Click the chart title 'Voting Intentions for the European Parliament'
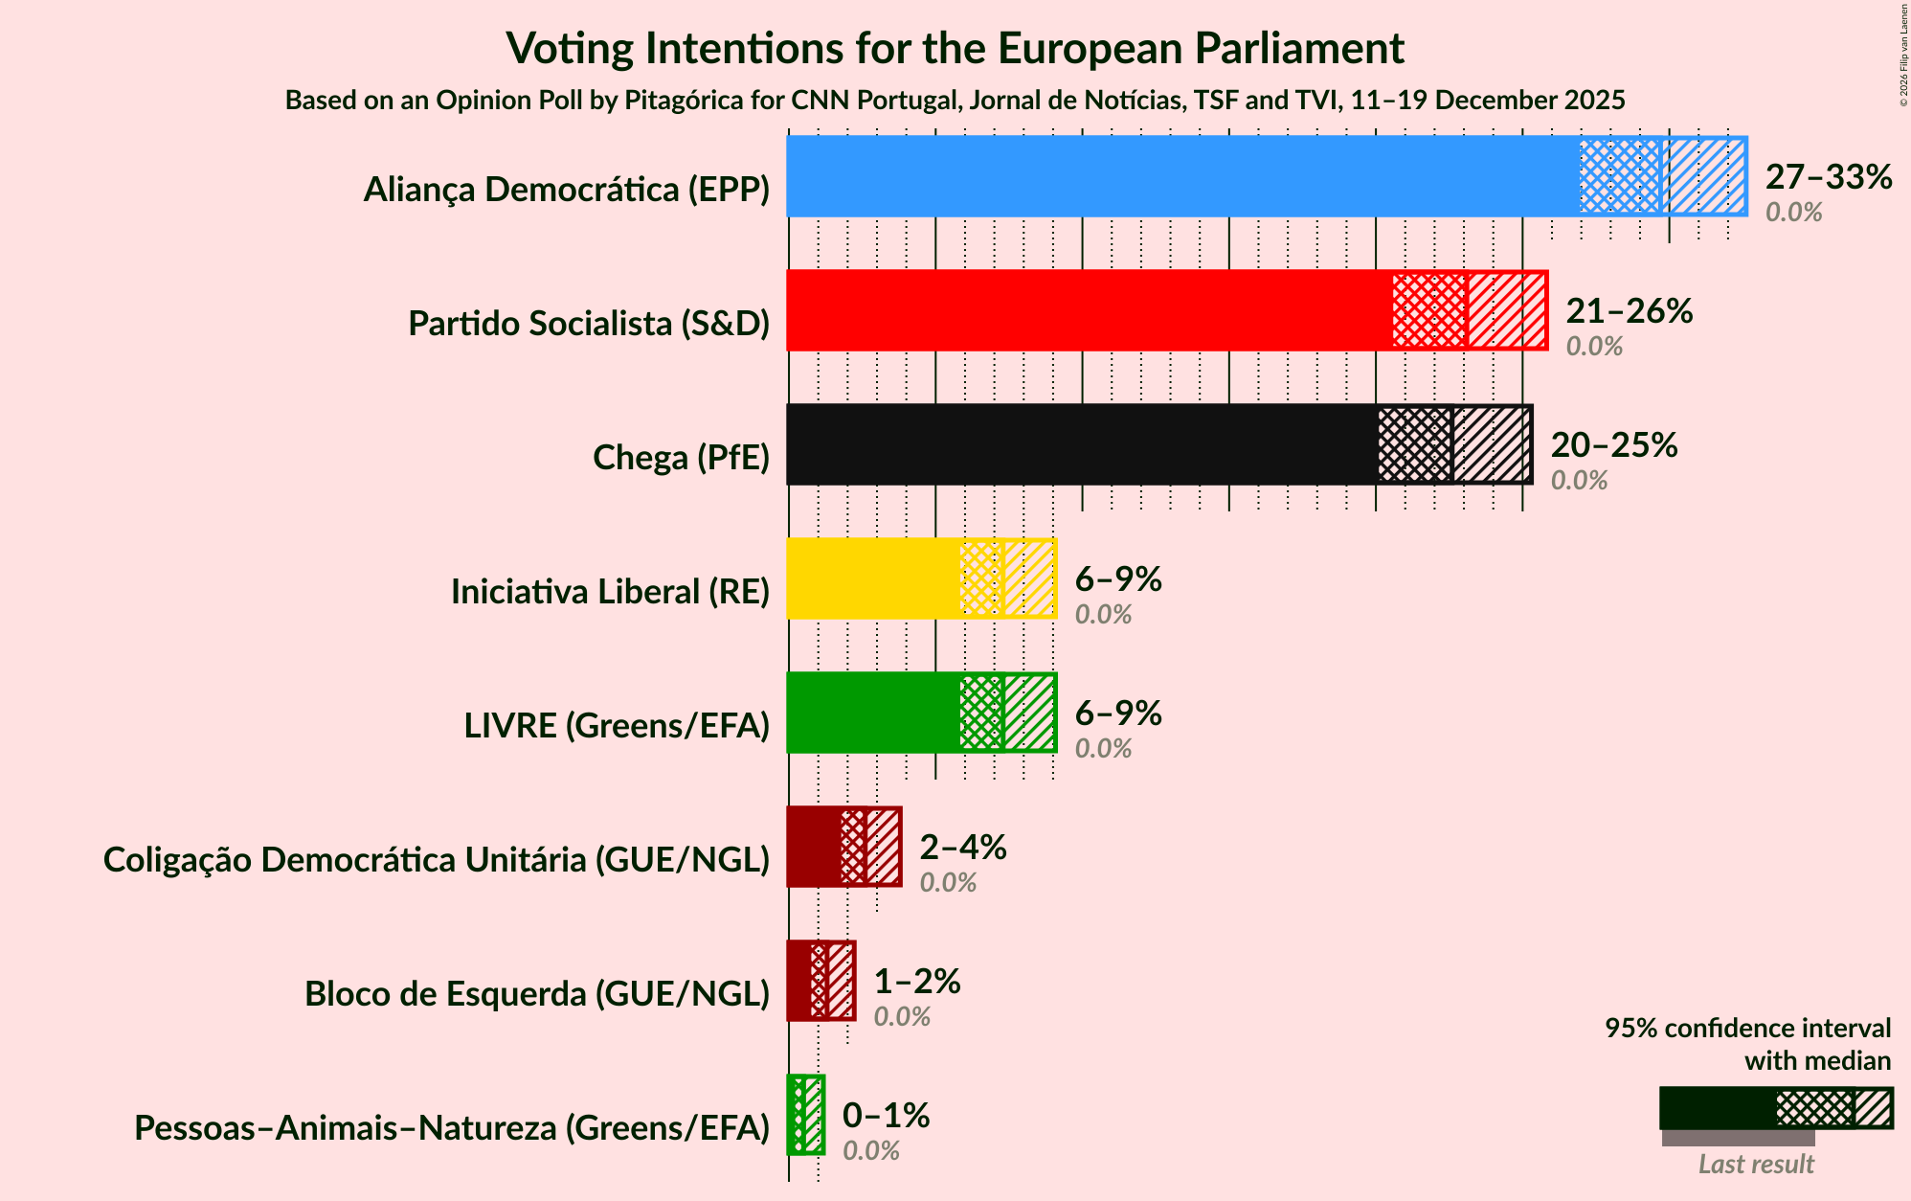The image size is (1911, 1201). tap(955, 48)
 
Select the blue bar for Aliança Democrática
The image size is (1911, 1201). tap(1182, 176)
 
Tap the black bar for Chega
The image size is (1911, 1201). tap(1081, 444)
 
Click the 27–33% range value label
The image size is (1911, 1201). tap(1828, 177)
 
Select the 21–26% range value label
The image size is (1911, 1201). tap(1629, 311)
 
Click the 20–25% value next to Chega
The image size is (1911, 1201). tap(1613, 445)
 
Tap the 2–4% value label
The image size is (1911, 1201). tap(962, 848)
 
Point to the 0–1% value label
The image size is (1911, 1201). tap(886, 1116)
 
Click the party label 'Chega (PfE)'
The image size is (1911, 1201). tap(681, 458)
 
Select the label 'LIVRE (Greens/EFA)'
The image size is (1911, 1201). tap(617, 726)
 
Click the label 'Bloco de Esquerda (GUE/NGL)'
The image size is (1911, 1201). tap(537, 994)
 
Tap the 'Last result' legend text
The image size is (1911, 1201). tap(1755, 1164)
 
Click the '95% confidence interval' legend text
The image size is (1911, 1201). tap(1747, 1029)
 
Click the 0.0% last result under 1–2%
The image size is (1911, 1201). tap(902, 1016)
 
